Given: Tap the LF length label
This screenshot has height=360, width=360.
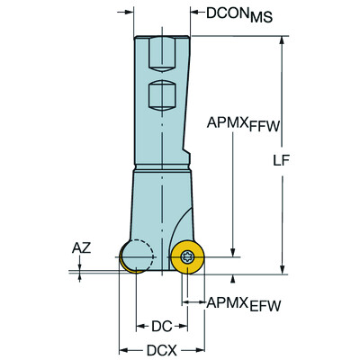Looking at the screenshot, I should click(x=306, y=160).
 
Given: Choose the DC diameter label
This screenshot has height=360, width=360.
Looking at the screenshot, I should click(x=160, y=326).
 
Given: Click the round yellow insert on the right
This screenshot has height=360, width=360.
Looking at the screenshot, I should click(x=187, y=258).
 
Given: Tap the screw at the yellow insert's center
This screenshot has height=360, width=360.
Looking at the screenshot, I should click(x=187, y=258).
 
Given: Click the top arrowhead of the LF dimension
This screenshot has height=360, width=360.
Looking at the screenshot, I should click(x=283, y=41).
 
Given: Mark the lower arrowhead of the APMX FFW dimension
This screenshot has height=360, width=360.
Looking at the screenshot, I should click(x=232, y=255).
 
